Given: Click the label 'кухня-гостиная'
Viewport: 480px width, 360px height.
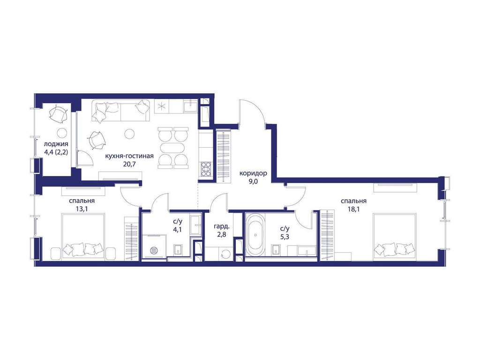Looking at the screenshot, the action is (129, 156).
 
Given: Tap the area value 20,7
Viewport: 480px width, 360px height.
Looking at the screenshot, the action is (129, 164).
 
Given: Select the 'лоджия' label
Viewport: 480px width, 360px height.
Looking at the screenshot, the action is (56, 144).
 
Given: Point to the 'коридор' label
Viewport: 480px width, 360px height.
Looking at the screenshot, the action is (253, 173).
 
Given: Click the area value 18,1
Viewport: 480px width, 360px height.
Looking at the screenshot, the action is (353, 209).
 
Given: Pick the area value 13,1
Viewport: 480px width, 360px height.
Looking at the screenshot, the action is (82, 209).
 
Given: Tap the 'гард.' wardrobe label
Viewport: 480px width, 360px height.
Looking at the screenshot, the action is (222, 227).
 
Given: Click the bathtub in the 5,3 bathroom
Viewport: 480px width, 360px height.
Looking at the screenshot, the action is (255, 235).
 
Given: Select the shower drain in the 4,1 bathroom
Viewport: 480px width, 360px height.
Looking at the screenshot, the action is (154, 250).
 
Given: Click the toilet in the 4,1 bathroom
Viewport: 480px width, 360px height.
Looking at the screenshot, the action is (178, 249).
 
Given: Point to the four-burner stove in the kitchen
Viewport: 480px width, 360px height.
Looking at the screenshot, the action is (206, 169).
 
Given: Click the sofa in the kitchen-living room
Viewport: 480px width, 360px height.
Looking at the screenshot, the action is (120, 111).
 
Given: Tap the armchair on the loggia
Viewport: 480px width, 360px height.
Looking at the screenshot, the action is (58, 113).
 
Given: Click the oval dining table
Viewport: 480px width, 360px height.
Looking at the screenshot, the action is (173, 148).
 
